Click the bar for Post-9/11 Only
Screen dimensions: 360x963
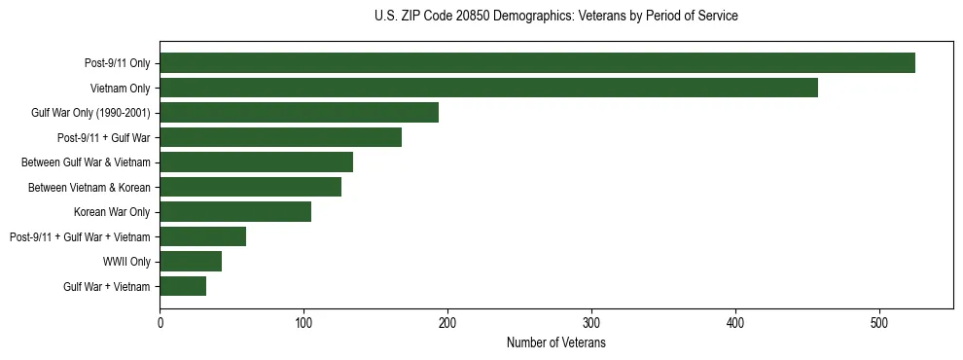tap(537, 63)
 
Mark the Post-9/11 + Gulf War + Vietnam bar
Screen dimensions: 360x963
tap(202, 236)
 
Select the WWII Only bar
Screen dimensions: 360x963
tap(191, 262)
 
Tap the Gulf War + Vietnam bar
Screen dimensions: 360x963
tap(183, 286)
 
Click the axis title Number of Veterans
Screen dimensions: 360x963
tap(556, 342)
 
